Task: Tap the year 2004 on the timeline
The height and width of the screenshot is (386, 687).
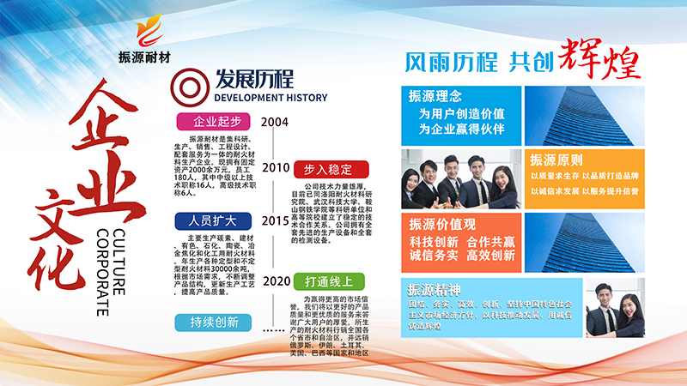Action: tap(275, 121)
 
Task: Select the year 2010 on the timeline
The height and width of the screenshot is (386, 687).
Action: tap(275, 168)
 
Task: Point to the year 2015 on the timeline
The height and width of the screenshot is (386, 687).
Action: tap(275, 220)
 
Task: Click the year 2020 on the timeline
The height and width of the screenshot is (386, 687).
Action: tap(275, 280)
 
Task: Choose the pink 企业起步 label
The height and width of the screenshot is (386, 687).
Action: tap(211, 121)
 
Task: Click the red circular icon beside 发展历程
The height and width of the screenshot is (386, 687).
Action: tap(185, 83)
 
